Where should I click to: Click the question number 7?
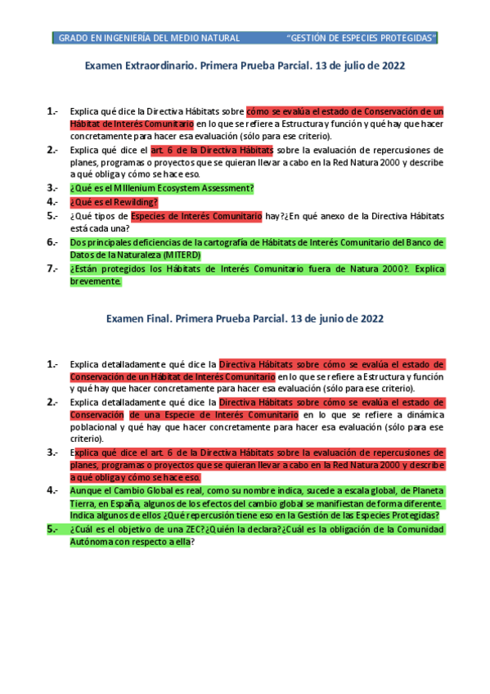point(52,268)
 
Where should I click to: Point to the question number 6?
point(52,242)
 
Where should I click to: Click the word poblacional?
point(97,427)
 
